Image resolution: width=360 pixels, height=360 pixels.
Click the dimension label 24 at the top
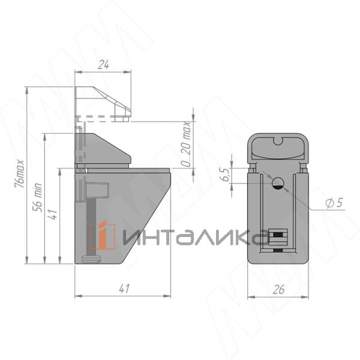[x=103, y=65]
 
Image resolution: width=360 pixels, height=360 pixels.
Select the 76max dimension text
[x=19, y=173]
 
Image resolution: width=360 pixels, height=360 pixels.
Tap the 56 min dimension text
[x=37, y=197]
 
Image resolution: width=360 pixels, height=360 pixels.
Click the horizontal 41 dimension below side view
[x=124, y=289]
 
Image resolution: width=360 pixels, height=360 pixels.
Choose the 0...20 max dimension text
[x=185, y=144]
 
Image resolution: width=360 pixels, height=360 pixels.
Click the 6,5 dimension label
[x=226, y=175]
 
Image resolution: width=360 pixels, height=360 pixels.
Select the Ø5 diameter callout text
[x=334, y=203]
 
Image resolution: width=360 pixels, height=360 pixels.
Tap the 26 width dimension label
[x=278, y=290]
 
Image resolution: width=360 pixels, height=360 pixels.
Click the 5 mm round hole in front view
[x=278, y=183]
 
